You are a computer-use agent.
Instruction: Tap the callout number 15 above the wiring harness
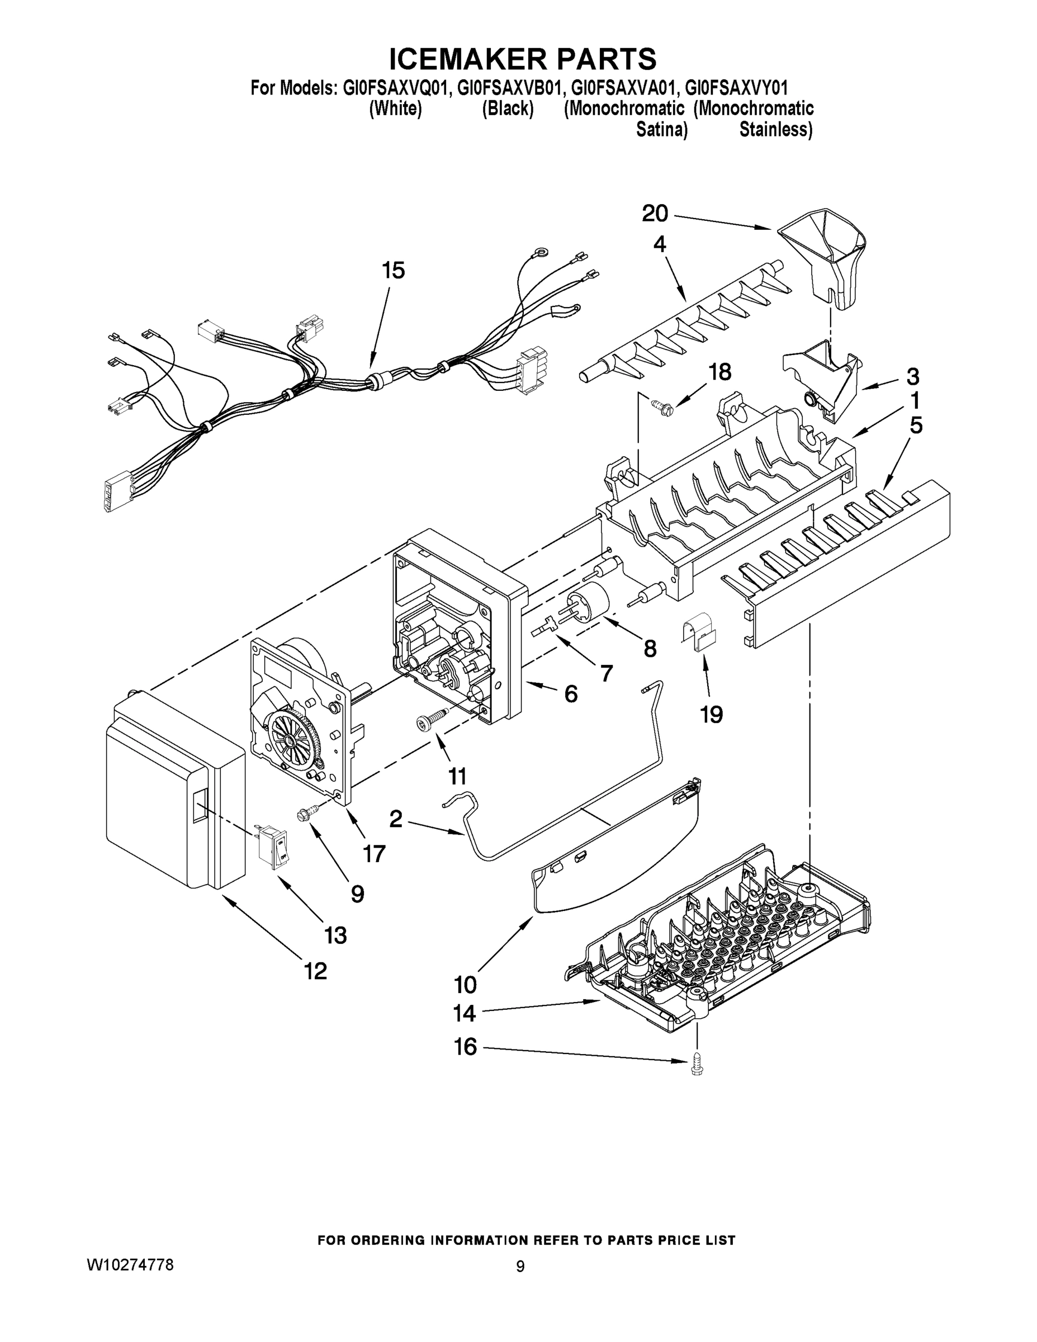393,271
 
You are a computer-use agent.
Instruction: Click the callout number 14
465,1013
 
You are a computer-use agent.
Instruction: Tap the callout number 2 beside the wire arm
396,819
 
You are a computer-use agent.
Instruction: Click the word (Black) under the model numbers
508,109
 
